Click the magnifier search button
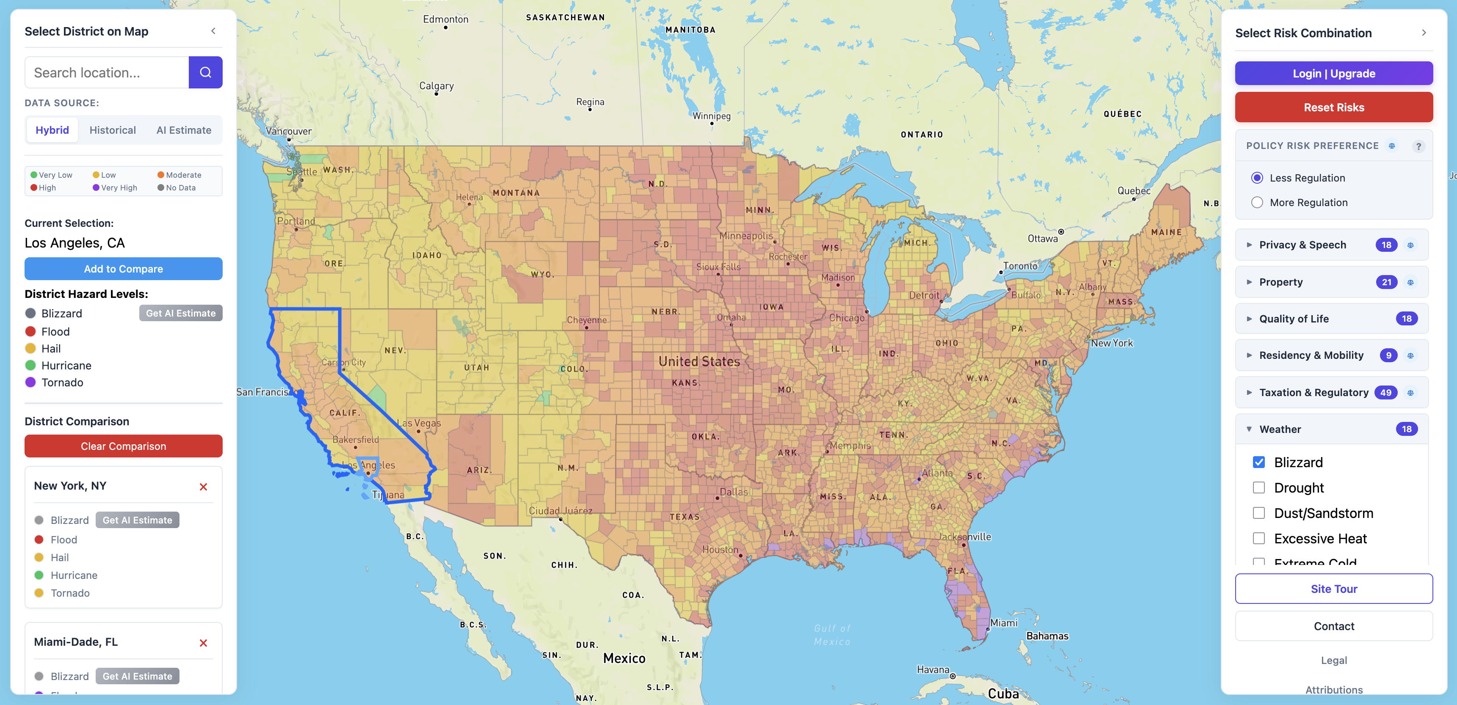click(x=205, y=72)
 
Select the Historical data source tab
click(x=113, y=130)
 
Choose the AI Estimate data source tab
click(x=183, y=130)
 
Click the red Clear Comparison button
click(x=123, y=446)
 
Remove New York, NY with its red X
click(x=203, y=487)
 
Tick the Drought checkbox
click(x=1258, y=487)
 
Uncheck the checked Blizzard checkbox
click(x=1258, y=462)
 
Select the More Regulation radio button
click(x=1257, y=202)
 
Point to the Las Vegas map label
click(x=419, y=423)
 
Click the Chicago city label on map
click(x=846, y=318)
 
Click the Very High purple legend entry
click(x=116, y=188)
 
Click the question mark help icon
click(x=1418, y=146)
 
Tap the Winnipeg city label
click(x=711, y=116)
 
